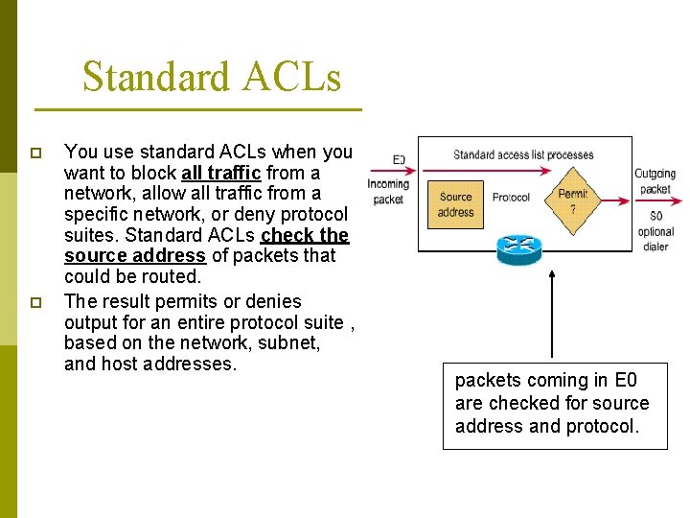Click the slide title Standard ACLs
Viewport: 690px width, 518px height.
[x=211, y=77]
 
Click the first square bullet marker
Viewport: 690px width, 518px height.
[x=36, y=153]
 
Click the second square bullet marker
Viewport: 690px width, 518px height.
[x=36, y=302]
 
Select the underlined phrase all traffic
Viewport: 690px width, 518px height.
[x=220, y=174]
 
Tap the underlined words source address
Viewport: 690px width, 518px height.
[x=134, y=256]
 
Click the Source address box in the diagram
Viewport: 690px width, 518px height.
[x=455, y=204]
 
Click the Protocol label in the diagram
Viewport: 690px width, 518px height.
[x=511, y=198]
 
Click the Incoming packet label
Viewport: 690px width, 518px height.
[x=388, y=192]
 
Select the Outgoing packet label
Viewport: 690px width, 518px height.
[x=655, y=181]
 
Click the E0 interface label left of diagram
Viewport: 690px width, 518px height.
[x=399, y=159]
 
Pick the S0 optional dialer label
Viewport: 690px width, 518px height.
[x=655, y=231]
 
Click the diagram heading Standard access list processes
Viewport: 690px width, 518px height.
[x=523, y=154]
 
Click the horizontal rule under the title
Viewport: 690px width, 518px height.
[x=197, y=110]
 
